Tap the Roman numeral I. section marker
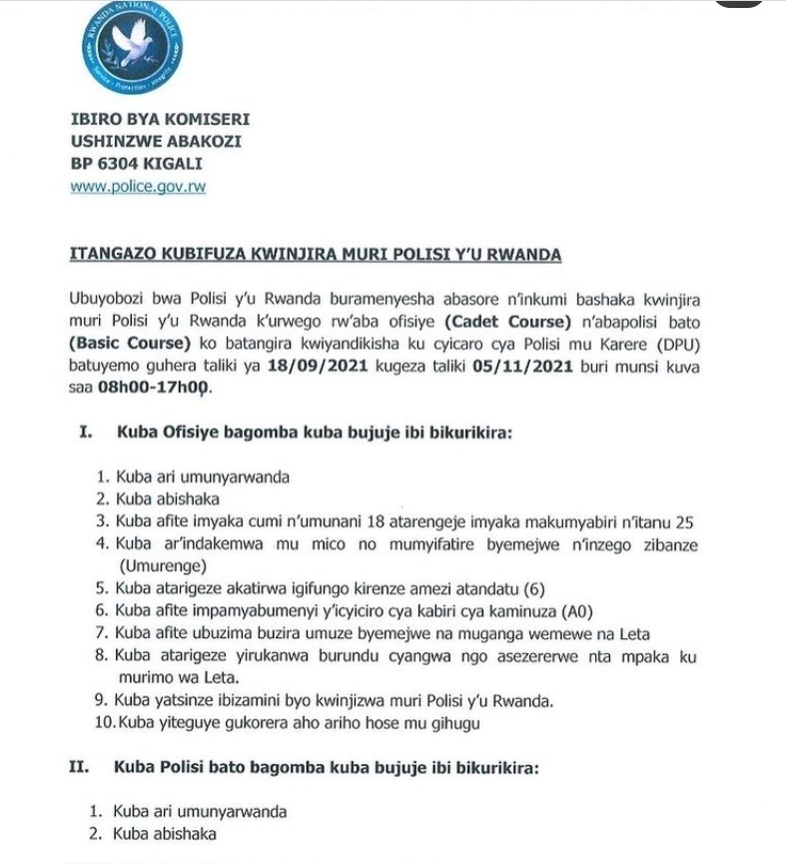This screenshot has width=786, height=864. [85, 433]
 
